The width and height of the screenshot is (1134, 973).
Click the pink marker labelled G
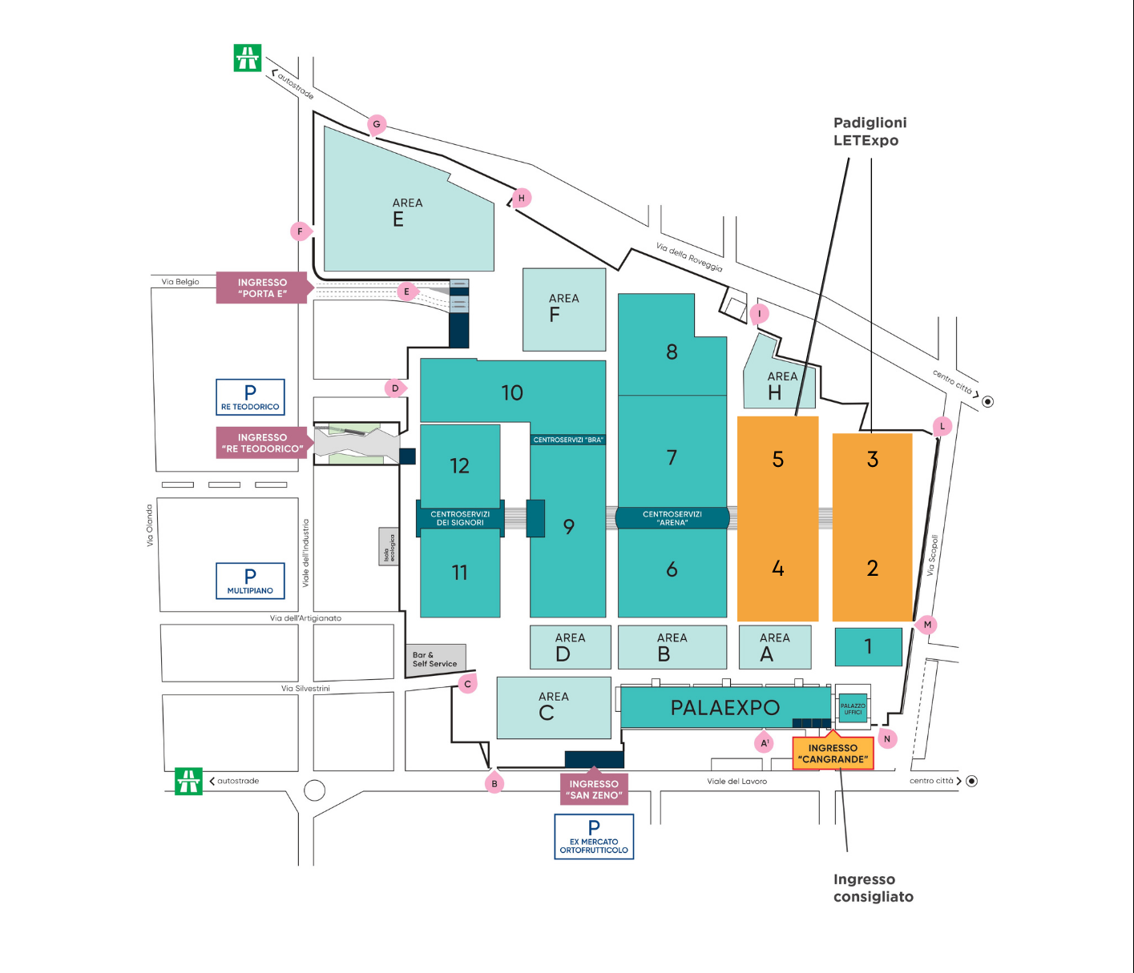[377, 124]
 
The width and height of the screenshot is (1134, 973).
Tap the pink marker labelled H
[522, 198]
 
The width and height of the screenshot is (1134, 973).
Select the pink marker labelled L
[942, 426]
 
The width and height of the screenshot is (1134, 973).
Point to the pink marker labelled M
[927, 625]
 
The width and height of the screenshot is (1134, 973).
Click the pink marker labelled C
[468, 684]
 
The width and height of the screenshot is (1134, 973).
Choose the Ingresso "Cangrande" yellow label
[833, 754]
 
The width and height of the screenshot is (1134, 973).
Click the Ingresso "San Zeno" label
[594, 789]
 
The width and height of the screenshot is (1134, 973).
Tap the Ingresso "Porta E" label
[262, 288]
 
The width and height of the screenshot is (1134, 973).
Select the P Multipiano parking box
[250, 581]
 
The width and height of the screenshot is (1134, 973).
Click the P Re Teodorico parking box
[250, 397]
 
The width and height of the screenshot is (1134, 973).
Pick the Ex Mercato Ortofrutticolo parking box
[594, 837]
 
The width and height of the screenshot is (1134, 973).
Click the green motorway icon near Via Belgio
[248, 58]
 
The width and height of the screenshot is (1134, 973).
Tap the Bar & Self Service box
[436, 659]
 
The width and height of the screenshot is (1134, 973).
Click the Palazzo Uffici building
[853, 709]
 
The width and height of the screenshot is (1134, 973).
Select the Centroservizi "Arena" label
[672, 518]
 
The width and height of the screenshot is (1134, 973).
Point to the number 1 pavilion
[869, 647]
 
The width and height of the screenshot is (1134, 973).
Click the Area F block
[564, 309]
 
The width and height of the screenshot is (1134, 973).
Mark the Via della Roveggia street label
[689, 258]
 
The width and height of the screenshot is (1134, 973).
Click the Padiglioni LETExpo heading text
[870, 131]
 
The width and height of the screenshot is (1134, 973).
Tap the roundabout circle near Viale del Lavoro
[315, 790]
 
